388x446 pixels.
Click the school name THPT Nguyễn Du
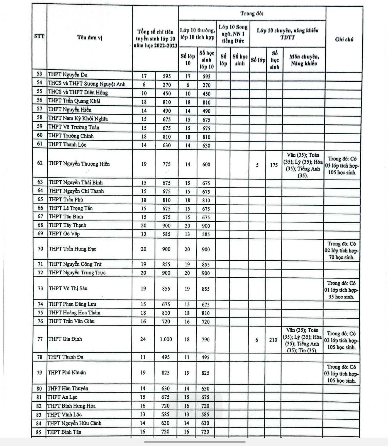click(x=68, y=75)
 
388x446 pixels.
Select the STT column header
click(x=39, y=36)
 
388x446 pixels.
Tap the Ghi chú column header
click(x=344, y=39)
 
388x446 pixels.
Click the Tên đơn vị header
click(x=90, y=37)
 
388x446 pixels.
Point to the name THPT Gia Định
click(x=65, y=339)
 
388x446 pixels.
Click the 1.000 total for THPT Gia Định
click(x=166, y=339)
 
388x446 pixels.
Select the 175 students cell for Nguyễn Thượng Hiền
click(x=274, y=165)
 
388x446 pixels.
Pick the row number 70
click(x=40, y=249)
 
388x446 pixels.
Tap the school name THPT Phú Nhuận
click(x=67, y=373)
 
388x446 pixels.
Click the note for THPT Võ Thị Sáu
click(x=341, y=290)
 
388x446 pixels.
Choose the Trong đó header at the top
click(x=252, y=13)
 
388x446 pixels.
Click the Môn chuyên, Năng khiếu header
click(x=304, y=60)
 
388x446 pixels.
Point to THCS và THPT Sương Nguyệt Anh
click(x=87, y=84)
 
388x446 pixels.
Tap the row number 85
click(x=39, y=432)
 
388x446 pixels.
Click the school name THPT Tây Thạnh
click(x=67, y=225)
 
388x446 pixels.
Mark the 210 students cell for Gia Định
click(x=273, y=340)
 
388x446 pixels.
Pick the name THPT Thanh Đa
click(x=65, y=357)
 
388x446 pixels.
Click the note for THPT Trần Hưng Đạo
click(x=341, y=250)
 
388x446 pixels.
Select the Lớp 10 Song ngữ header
click(x=233, y=34)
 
